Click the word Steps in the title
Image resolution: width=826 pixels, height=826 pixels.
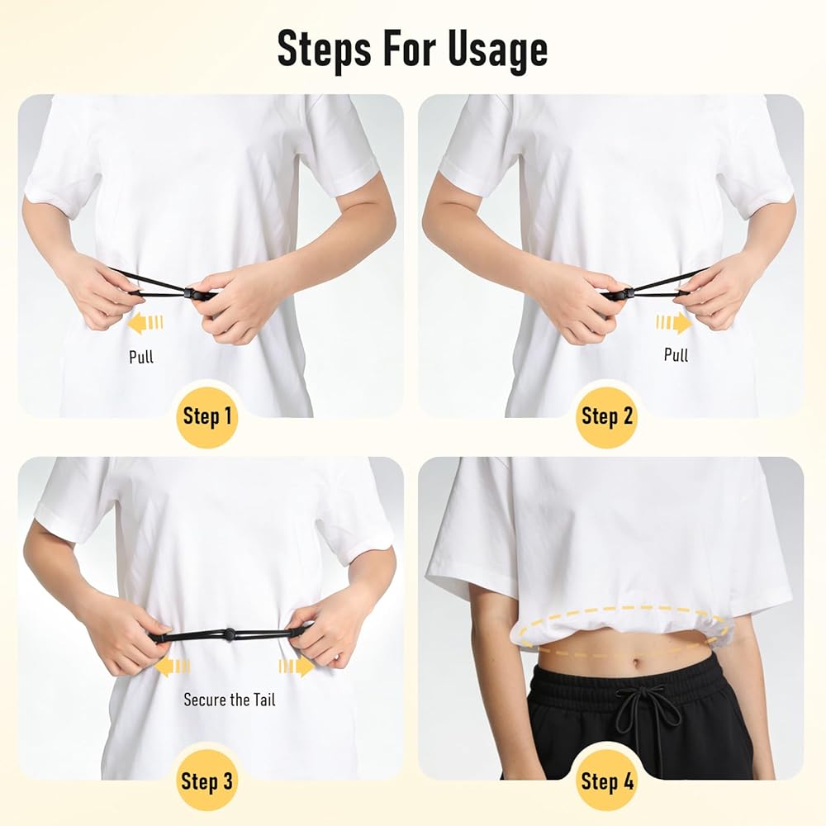tap(325, 47)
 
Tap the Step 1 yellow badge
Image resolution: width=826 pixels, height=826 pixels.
tap(207, 416)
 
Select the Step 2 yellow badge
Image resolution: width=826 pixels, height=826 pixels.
tap(606, 416)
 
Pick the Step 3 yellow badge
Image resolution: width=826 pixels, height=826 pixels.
tap(206, 781)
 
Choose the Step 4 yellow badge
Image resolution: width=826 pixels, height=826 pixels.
tap(606, 781)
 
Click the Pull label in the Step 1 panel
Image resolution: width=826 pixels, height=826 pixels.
tap(141, 357)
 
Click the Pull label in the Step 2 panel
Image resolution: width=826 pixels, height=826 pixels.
tap(676, 354)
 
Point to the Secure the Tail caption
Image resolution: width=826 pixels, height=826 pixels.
tap(229, 700)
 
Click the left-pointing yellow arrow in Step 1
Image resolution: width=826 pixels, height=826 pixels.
tap(145, 322)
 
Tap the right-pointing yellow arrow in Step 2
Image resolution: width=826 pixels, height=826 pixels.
tap(674, 322)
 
